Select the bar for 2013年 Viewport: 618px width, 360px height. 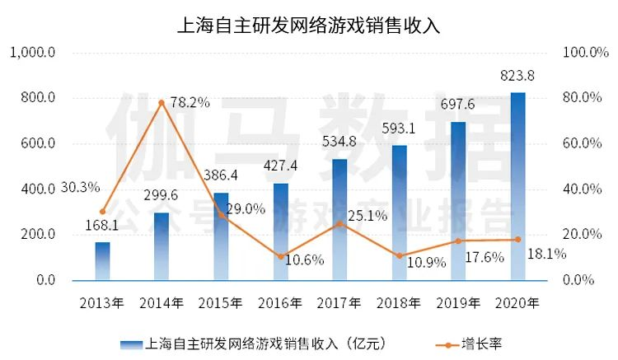point(102,261)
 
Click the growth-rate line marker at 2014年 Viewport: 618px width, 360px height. point(162,103)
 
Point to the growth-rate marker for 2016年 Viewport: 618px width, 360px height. point(280,256)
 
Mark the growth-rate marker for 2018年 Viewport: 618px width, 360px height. point(399,255)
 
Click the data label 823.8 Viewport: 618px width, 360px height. point(517,77)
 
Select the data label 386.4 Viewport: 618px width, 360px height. point(220,176)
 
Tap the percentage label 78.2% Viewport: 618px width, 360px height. point(190,103)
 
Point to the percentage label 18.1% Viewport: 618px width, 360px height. point(548,254)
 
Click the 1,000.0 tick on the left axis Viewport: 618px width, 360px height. point(32,53)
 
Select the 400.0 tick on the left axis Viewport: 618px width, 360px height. point(37,189)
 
